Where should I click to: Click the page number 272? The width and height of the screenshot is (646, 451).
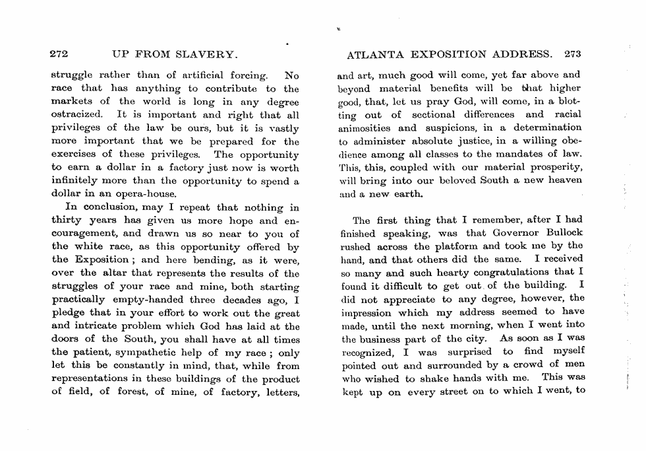tap(60, 54)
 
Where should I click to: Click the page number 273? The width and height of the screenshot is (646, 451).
tap(572, 54)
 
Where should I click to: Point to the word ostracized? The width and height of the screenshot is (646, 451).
tap(76, 115)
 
